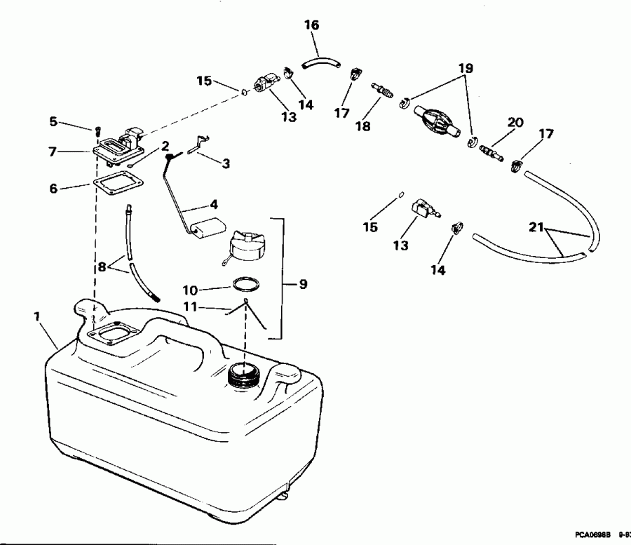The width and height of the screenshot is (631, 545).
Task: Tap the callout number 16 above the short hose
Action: click(x=311, y=25)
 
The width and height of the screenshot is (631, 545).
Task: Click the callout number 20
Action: click(x=515, y=123)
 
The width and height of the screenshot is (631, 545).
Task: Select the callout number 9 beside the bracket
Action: click(x=303, y=284)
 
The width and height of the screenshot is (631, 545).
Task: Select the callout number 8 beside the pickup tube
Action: click(x=102, y=267)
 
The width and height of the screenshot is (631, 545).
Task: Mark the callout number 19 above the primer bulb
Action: click(x=466, y=69)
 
